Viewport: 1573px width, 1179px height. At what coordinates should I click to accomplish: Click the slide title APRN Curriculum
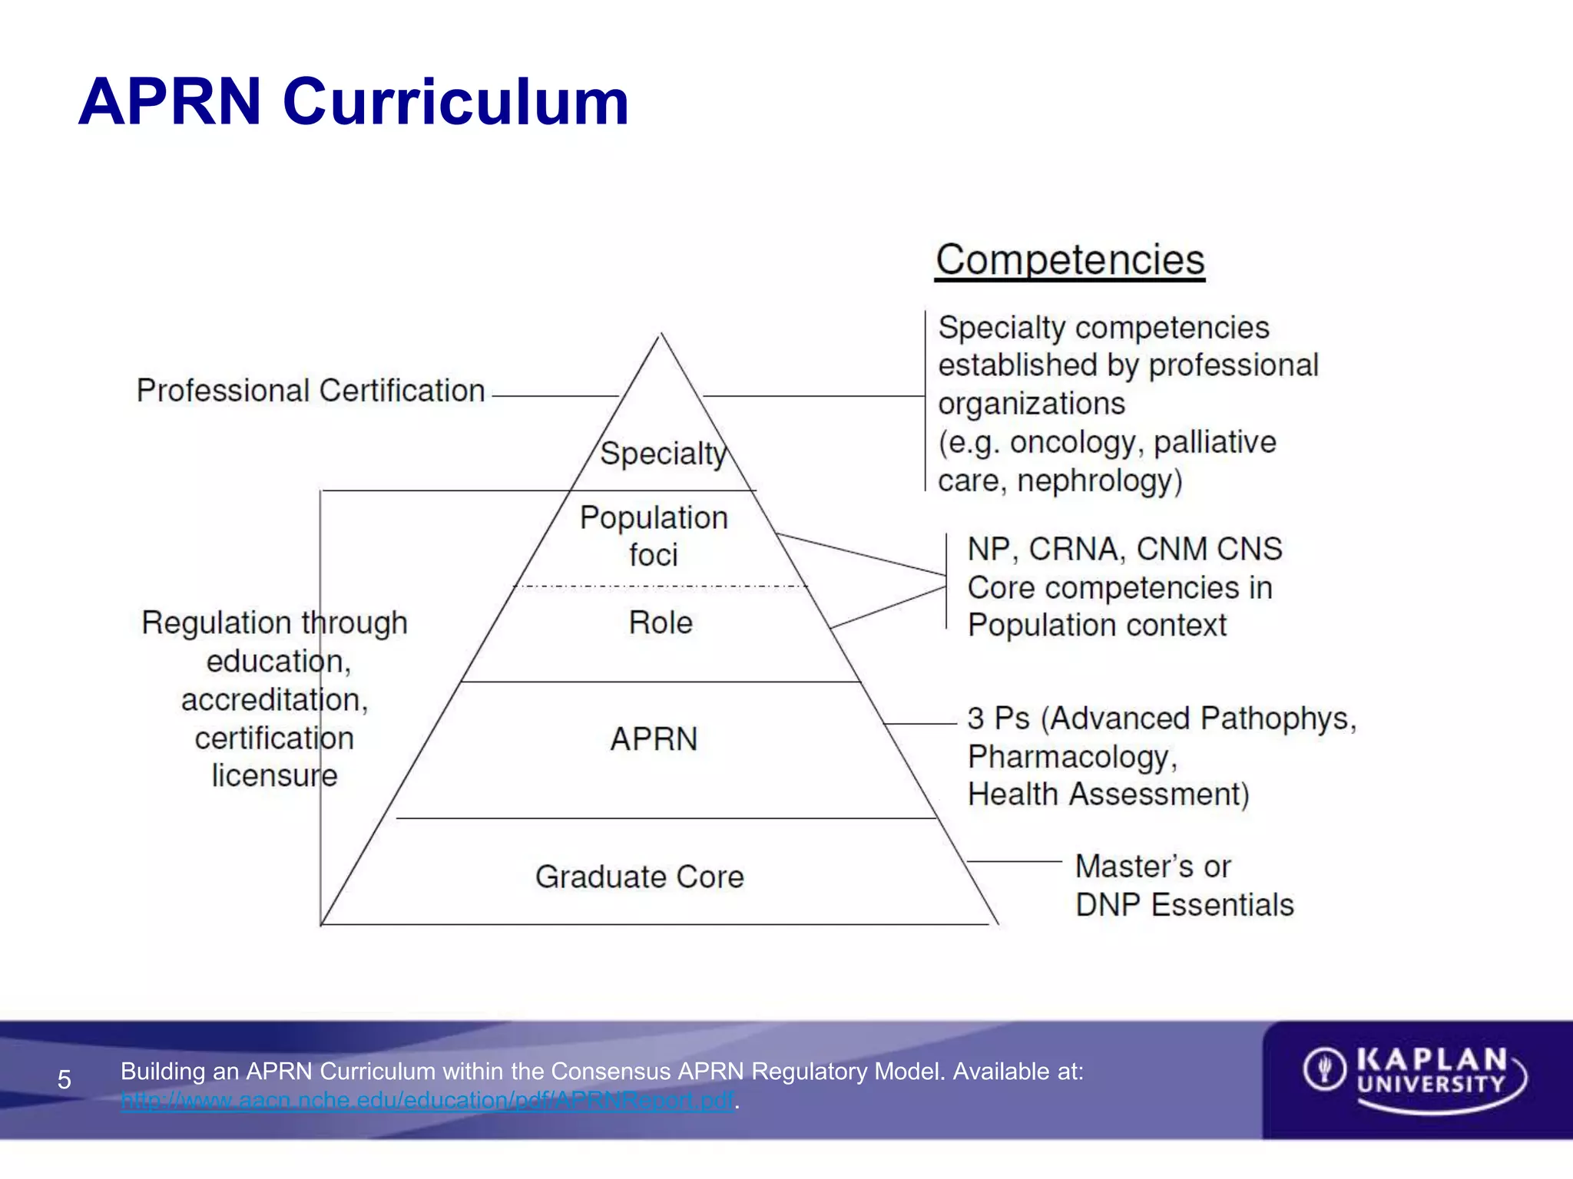tap(353, 102)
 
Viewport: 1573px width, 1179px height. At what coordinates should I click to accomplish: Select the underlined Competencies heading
tap(1070, 259)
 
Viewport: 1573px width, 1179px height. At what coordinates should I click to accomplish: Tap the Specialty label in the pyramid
tap(662, 454)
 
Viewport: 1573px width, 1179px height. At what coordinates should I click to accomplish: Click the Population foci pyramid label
tap(654, 536)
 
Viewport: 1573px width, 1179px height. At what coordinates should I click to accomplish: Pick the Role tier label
tap(661, 623)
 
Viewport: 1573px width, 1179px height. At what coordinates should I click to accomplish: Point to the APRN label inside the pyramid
tap(654, 739)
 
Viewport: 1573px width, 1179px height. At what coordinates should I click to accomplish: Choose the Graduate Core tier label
tap(640, 877)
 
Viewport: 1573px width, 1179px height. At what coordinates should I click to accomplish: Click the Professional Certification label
tap(311, 391)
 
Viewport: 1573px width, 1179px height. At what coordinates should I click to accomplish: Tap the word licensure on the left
tap(274, 775)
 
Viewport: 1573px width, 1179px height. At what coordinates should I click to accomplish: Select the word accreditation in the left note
tap(274, 700)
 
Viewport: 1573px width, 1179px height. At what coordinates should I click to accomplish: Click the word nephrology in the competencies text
tap(1099, 481)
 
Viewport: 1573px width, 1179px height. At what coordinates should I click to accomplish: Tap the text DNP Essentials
tap(1184, 905)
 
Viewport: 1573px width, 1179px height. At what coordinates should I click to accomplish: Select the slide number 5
tap(65, 1080)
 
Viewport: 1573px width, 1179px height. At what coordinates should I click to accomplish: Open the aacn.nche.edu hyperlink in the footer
tap(428, 1101)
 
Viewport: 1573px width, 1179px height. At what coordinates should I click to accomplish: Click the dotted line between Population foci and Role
tap(661, 586)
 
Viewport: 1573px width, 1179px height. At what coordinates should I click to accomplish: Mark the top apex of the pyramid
tap(661, 335)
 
